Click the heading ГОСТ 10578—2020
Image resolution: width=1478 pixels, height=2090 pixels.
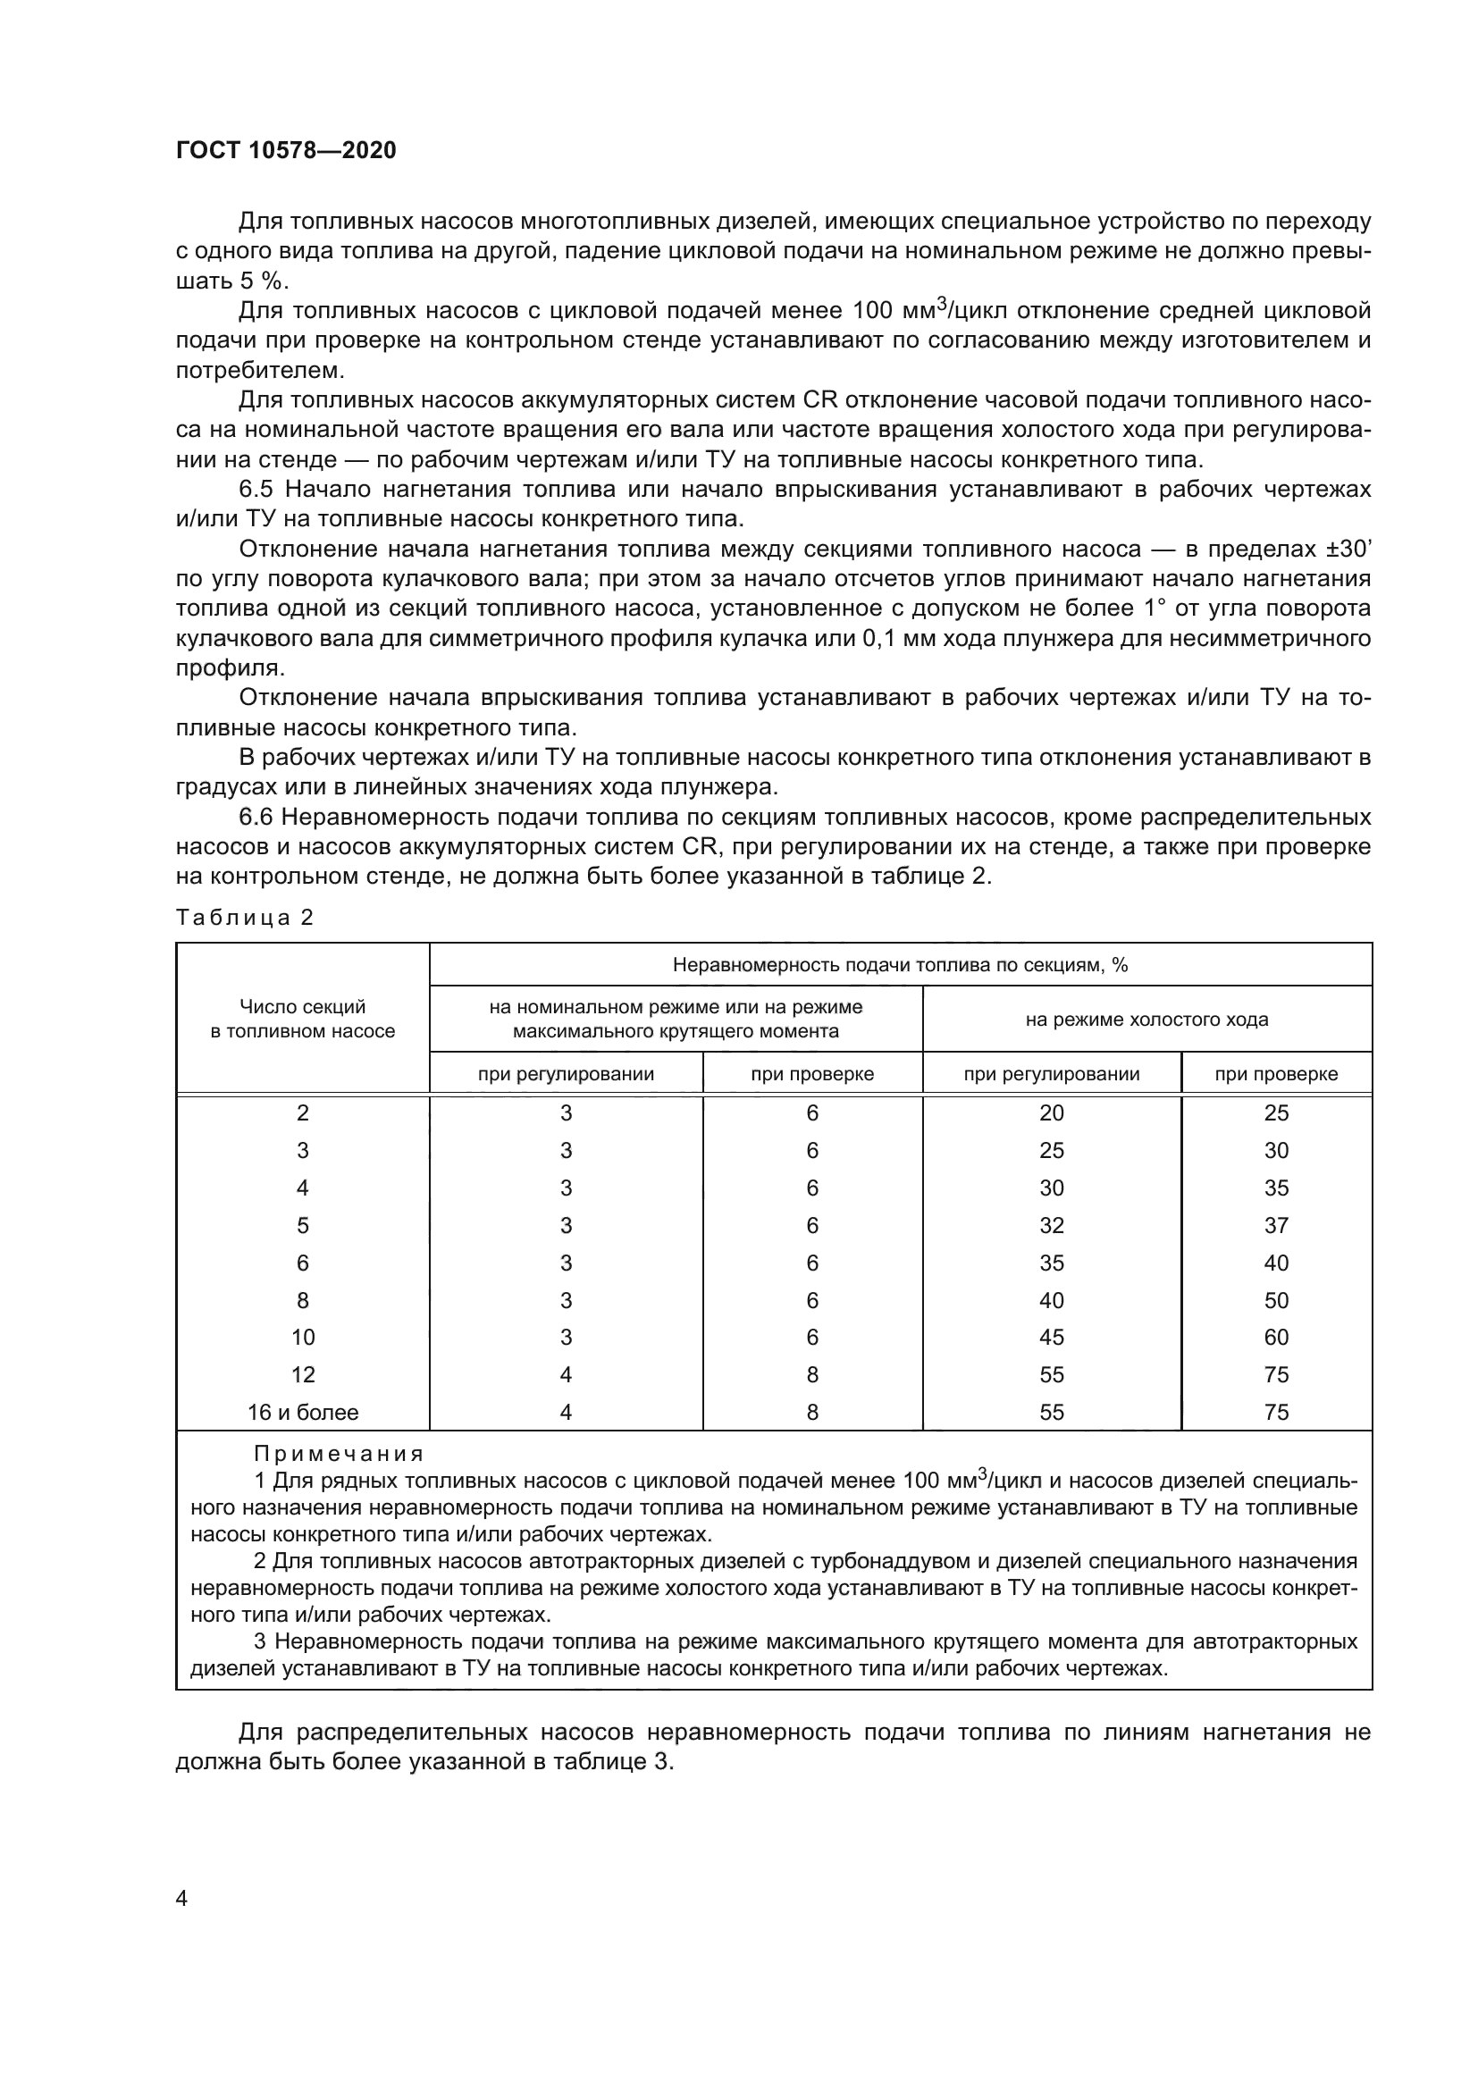(286, 150)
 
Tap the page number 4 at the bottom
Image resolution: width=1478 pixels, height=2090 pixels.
(181, 1898)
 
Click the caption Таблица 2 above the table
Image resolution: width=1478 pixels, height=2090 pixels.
(244, 917)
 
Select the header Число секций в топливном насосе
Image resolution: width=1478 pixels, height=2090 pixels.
(302, 1019)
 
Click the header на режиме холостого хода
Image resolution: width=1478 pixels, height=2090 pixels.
(1146, 1020)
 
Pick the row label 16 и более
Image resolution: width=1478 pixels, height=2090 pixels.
(302, 1412)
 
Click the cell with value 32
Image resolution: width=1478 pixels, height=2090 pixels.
(1051, 1225)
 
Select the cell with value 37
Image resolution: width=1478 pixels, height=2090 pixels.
(1276, 1225)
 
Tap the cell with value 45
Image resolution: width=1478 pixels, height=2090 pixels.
(1051, 1338)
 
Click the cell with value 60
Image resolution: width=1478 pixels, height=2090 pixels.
(1276, 1338)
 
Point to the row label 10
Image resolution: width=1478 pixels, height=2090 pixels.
(302, 1338)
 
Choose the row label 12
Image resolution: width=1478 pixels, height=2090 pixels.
(302, 1374)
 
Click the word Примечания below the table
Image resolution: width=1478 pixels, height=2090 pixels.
(339, 1454)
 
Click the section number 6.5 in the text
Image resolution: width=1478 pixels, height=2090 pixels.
(256, 490)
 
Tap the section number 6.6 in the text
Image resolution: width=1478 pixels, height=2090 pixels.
(256, 818)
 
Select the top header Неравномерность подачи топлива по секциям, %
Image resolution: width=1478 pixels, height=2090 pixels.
(899, 965)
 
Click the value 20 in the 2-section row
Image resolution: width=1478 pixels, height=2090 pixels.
(1051, 1112)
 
